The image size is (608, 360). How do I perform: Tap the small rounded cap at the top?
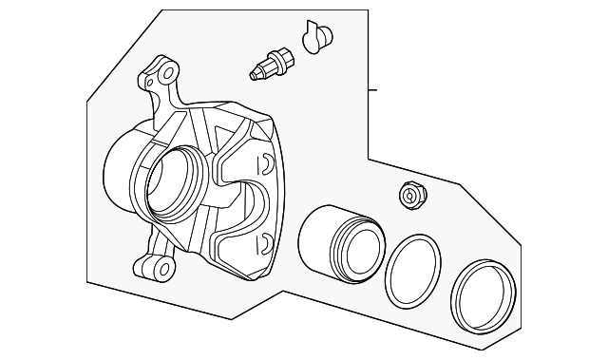click(x=316, y=37)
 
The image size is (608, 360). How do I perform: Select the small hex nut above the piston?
click(x=411, y=196)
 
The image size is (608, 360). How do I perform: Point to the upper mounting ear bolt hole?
click(x=169, y=72)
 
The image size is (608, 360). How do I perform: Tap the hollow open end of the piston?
click(x=358, y=249)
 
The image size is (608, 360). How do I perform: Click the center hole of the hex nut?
click(x=411, y=195)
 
